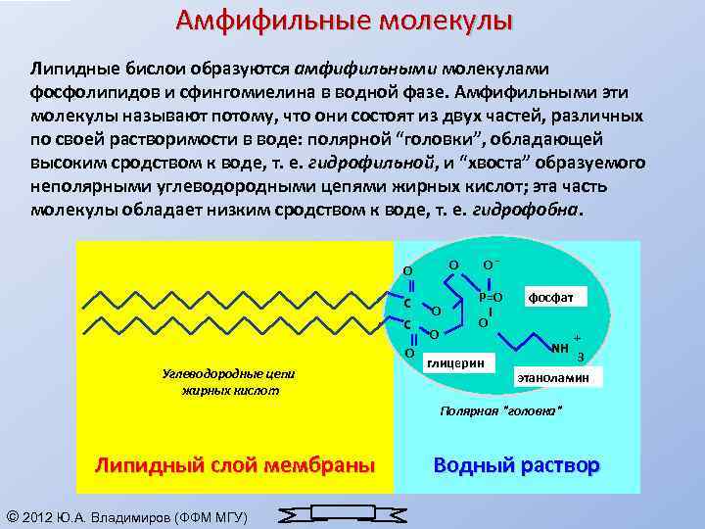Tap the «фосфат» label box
pyautogui.click(x=555, y=296)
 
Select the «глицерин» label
pyautogui.click(x=456, y=361)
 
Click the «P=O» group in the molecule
pyautogui.click(x=490, y=296)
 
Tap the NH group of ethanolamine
pyautogui.click(x=560, y=348)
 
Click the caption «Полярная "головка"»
pyautogui.click(x=502, y=410)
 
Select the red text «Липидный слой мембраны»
pyautogui.click(x=234, y=464)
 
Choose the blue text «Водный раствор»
pyautogui.click(x=516, y=464)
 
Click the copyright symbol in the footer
pyautogui.click(x=12, y=516)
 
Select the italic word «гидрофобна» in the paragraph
pyautogui.click(x=526, y=210)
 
